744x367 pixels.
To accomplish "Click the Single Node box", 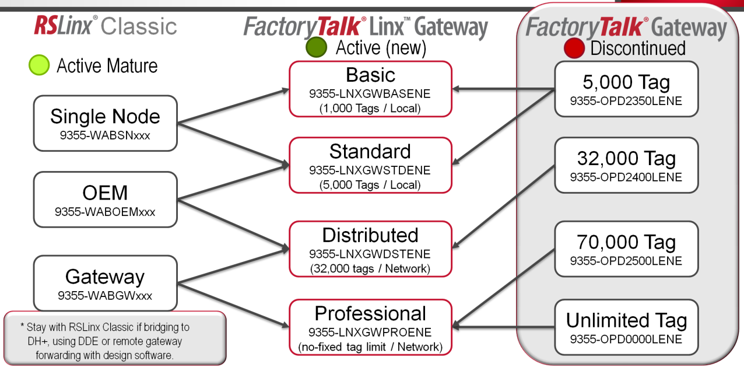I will coord(105,123).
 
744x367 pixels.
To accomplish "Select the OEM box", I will coord(105,199).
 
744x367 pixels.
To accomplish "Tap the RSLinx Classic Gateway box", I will coord(105,283).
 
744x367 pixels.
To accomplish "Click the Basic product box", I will coord(370,89).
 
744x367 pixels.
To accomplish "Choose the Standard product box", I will coord(370,165).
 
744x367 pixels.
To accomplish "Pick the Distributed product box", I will coord(370,249).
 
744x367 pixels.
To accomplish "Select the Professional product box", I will coord(370,327).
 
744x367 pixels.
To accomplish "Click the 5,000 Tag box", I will coord(626,88).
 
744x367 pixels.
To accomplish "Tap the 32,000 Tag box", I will coord(626,165).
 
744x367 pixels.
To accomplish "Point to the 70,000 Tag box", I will coord(626,249).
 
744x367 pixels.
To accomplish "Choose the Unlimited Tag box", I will coord(626,327).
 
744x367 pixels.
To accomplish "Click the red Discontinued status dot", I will coord(574,48).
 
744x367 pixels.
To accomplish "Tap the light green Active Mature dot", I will coord(39,65).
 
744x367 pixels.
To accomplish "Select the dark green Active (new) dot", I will coord(317,47).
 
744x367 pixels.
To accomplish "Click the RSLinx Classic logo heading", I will coord(105,26).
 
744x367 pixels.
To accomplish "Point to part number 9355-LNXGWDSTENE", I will coord(370,254).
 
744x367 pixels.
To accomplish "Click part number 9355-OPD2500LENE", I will coord(626,261).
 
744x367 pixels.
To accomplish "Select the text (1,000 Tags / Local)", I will coord(370,107).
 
